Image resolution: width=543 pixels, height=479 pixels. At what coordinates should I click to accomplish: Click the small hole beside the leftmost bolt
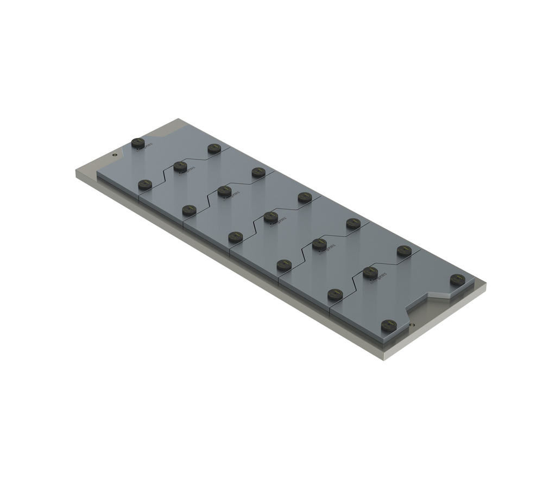(114, 154)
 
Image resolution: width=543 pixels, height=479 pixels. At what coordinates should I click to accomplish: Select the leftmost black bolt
(138, 143)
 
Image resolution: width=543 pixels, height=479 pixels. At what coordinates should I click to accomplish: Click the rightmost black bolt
(457, 280)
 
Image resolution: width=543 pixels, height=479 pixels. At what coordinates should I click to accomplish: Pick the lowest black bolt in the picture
(388, 325)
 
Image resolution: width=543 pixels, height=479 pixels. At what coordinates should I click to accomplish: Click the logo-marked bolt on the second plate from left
(180, 167)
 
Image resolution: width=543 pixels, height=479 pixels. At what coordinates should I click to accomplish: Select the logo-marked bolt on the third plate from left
(224, 191)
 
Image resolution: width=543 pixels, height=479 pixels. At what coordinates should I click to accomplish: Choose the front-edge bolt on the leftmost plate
(145, 185)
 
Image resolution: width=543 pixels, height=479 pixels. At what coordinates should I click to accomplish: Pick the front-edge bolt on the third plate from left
(235, 237)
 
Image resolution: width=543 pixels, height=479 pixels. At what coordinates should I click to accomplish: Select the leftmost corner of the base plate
(76, 172)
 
